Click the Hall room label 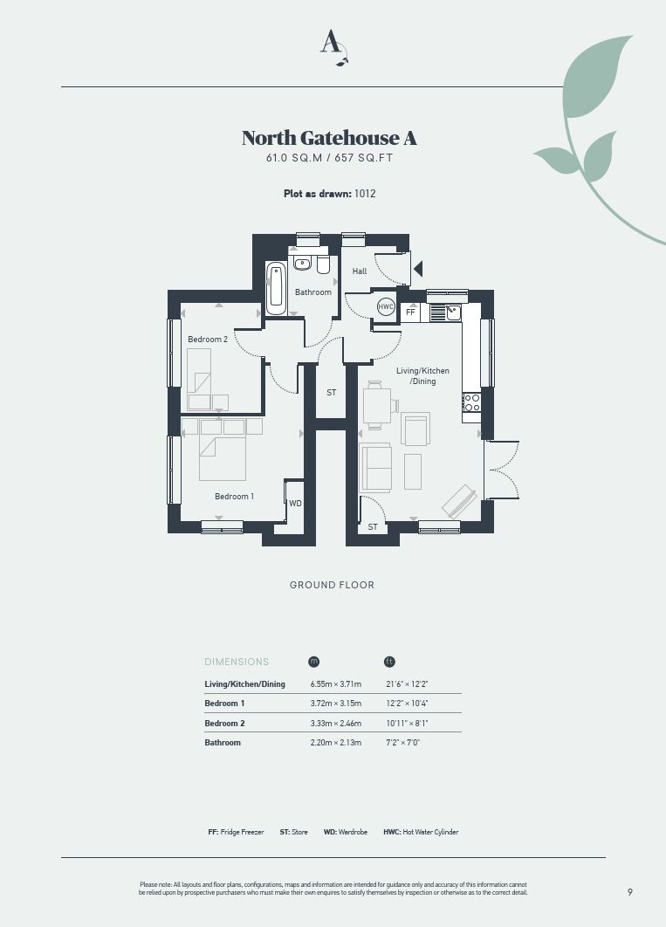click(360, 271)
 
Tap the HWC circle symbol click(386, 307)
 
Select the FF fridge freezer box click(411, 312)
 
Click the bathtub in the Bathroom click(275, 289)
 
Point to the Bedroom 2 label click(208, 340)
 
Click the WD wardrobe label click(296, 503)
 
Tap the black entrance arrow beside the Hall click(418, 270)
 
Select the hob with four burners click(471, 402)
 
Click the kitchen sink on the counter click(453, 312)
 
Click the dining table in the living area click(376, 405)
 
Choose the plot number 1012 click(365, 193)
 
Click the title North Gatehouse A click(329, 138)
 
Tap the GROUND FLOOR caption click(332, 585)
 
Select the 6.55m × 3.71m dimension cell click(336, 684)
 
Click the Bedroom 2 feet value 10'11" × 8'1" click(407, 723)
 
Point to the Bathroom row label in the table click(223, 743)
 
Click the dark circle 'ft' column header click(389, 662)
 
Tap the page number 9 click(630, 892)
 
